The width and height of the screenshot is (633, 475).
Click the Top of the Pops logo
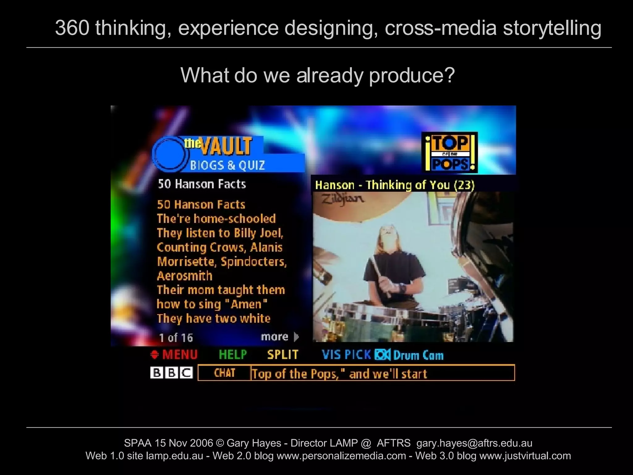pyautogui.click(x=450, y=152)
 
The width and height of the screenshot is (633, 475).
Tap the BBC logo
pyautogui.click(x=172, y=373)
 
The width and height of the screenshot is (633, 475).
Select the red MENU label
pyautogui.click(x=180, y=354)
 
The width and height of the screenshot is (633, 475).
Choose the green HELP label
pyautogui.click(x=233, y=354)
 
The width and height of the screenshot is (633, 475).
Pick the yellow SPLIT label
pyautogui.click(x=283, y=354)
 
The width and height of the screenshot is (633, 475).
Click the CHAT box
pyautogui.click(x=224, y=373)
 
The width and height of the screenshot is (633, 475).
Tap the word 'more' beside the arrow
pyautogui.click(x=274, y=336)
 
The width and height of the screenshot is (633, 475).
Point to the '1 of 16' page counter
pyautogui.click(x=176, y=338)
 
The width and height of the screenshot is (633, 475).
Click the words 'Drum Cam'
pyautogui.click(x=418, y=355)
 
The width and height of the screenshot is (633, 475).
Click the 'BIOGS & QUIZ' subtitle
pyautogui.click(x=227, y=165)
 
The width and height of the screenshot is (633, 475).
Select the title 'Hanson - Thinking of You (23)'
pyautogui.click(x=394, y=185)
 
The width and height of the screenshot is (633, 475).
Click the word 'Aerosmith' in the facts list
pyautogui.click(x=185, y=276)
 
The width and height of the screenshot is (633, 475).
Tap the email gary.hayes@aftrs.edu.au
pyautogui.click(x=474, y=443)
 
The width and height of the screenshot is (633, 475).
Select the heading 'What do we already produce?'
pyautogui.click(x=317, y=75)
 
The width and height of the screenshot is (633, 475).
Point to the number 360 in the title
pyautogui.click(x=72, y=28)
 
